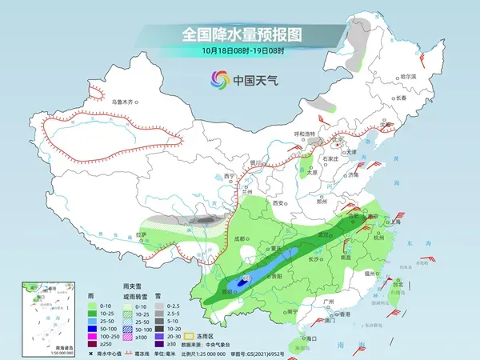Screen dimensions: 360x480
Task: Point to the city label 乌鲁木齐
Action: coord(126,102)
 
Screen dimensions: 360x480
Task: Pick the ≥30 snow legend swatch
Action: coord(161,345)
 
